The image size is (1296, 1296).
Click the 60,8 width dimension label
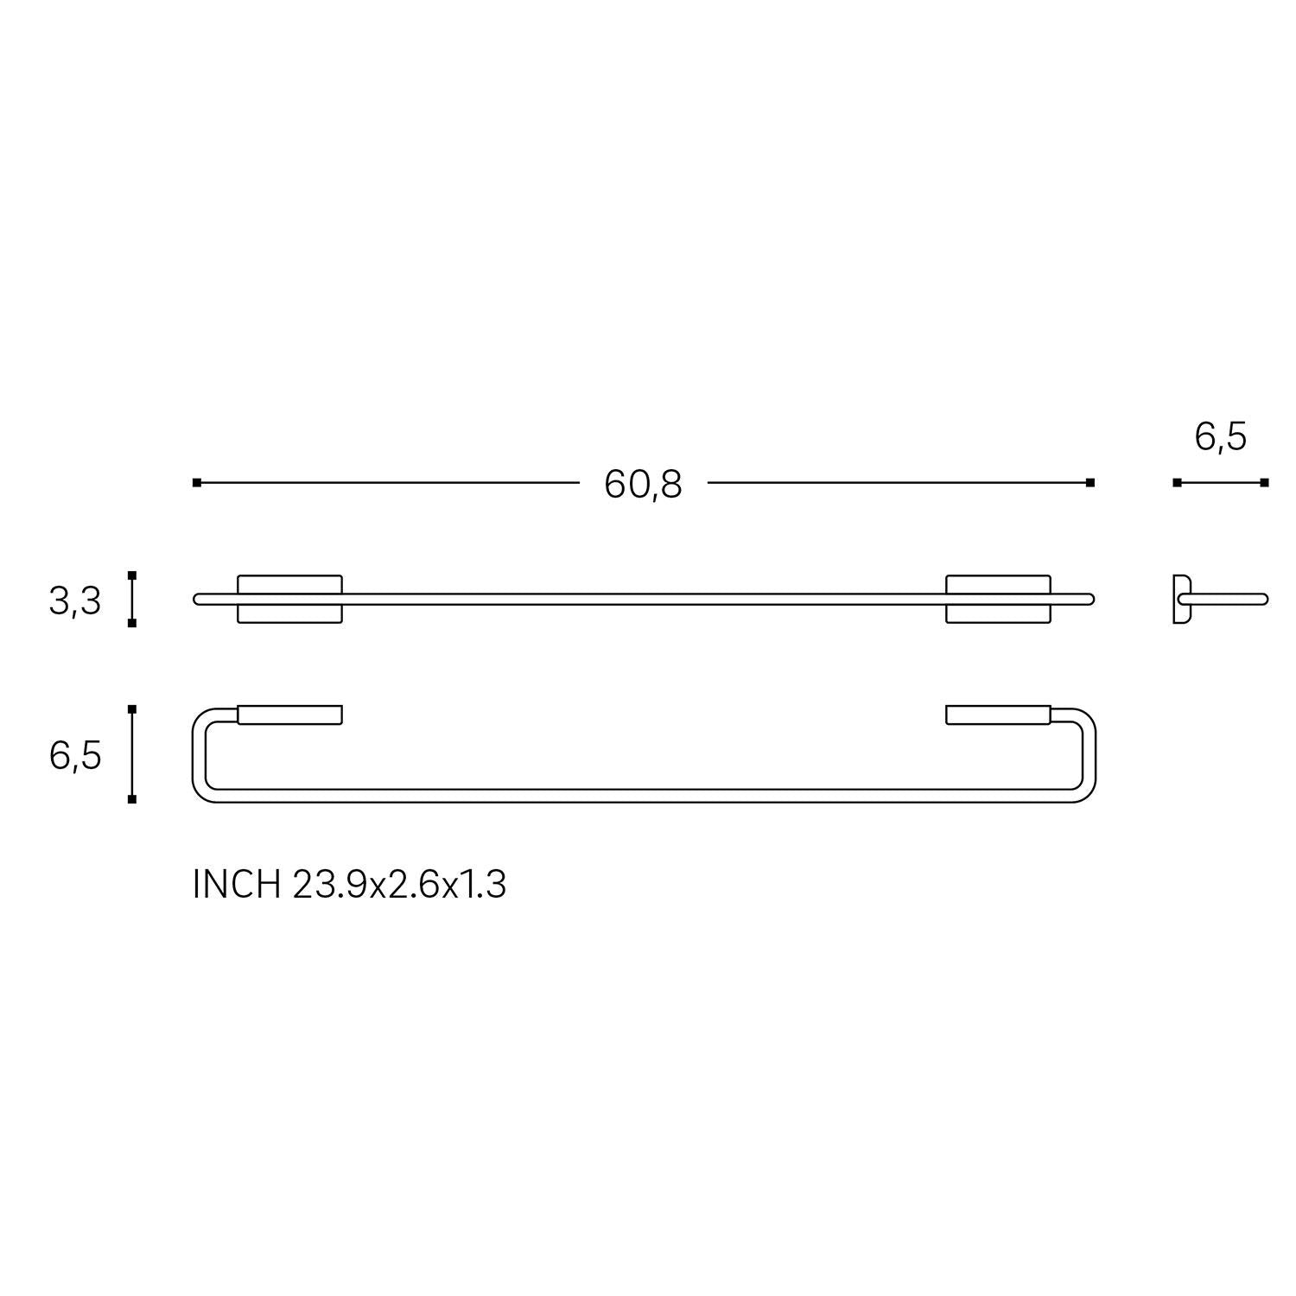coord(643,485)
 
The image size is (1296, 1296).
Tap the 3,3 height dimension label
coord(75,600)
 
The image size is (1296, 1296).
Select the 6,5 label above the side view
coord(1220,437)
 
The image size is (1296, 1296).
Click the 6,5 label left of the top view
coord(75,756)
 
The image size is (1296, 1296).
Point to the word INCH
coord(237,885)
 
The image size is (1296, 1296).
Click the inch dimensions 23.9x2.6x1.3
coord(399,885)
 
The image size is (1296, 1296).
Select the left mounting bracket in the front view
coord(289,599)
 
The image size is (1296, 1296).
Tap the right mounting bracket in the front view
coord(998,599)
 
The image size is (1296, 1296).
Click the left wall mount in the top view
coord(289,715)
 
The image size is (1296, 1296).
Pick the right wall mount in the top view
coord(998,715)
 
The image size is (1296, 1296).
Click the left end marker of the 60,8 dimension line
coord(197,482)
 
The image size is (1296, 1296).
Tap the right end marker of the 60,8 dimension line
coord(1090,482)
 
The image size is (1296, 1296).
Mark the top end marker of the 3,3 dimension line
coord(132,575)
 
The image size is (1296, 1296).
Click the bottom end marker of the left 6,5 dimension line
coord(132,799)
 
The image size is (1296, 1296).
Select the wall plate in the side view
coord(1181,599)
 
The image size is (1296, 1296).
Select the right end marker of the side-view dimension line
coord(1264,482)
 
